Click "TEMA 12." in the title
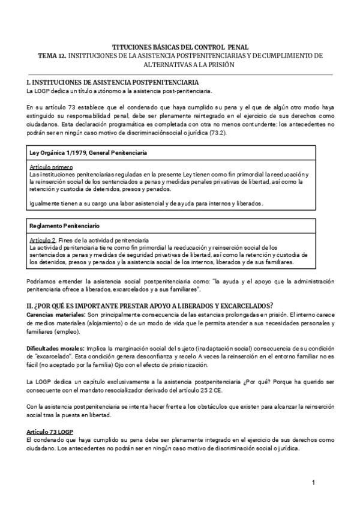click(52, 55)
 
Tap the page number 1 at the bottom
click(313, 483)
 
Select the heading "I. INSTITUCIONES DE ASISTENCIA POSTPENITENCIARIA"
click(113, 82)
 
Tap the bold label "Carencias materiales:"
click(56, 315)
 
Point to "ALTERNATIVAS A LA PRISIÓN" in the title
click(181, 64)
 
